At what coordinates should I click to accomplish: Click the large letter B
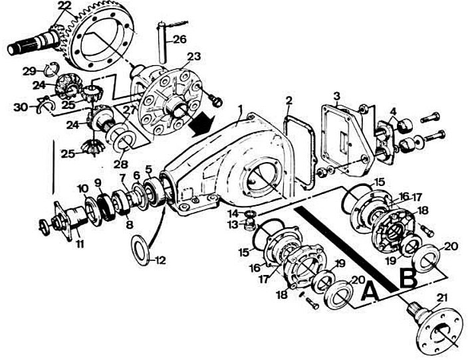[408, 278]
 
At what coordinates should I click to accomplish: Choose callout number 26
[179, 39]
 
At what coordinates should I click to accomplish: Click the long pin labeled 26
[161, 39]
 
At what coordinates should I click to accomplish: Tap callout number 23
[193, 57]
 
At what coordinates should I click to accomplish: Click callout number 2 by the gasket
[289, 102]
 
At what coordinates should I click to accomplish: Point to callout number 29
[28, 70]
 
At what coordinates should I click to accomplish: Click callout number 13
[233, 225]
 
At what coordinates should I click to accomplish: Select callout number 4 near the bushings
[393, 110]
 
